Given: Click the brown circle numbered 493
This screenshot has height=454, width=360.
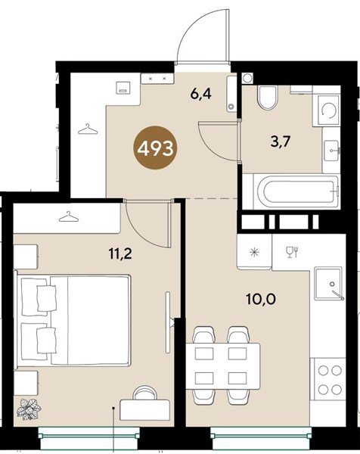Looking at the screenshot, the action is tap(155, 149).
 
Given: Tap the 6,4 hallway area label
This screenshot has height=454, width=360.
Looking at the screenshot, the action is tap(201, 94).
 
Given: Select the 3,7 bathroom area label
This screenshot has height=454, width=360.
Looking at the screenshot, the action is tap(281, 142).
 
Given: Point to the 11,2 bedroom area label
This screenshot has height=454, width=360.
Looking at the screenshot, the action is tap(120, 254).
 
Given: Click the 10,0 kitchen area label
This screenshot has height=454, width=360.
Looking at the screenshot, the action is tap(260, 299).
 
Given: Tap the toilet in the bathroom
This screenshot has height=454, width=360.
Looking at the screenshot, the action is tap(268, 98).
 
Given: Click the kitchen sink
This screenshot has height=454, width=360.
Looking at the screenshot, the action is tap(329, 284).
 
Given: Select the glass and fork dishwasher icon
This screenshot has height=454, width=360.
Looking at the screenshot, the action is tap(292, 252).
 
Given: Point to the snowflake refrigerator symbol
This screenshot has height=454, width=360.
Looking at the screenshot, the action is tap(255, 252).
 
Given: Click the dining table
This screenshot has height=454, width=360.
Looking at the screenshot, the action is tap(223, 366).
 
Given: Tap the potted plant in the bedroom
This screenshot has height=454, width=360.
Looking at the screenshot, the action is tap(29, 409).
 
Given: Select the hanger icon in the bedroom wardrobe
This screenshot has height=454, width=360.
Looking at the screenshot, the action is tap(69, 217).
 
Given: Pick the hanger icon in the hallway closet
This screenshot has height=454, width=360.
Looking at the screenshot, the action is tap(88, 129).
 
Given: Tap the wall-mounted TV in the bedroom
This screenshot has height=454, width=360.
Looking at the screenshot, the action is tap(168, 322).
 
